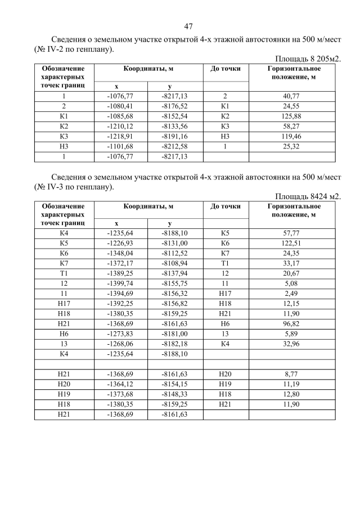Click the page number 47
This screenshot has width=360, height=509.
tap(188, 26)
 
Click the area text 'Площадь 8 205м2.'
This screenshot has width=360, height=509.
tap(308, 58)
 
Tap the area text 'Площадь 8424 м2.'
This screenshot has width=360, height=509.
tap(308, 196)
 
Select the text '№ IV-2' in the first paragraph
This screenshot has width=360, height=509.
tap(49, 49)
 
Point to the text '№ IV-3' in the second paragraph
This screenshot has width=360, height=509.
tap(49, 187)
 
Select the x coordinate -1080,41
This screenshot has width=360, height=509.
tap(120, 106)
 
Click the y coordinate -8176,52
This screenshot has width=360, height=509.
tap(174, 106)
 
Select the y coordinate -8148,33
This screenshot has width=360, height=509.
tap(174, 394)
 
